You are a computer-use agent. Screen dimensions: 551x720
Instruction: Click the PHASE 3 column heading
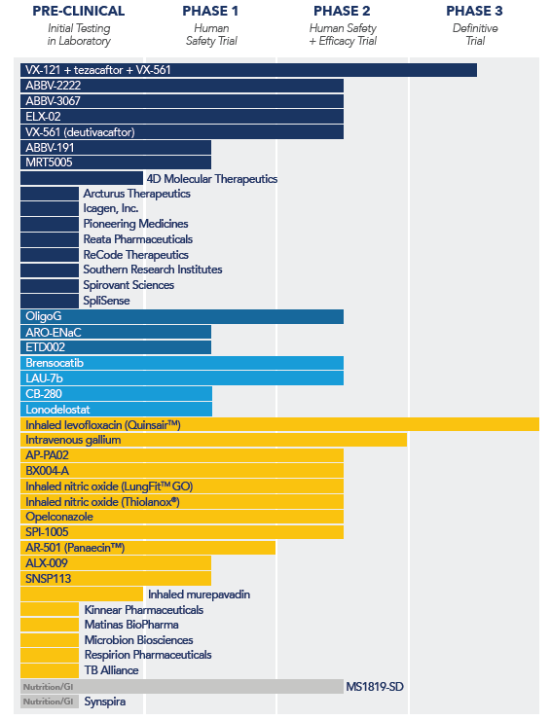pos(474,11)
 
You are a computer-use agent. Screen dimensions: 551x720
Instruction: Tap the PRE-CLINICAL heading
pos(79,11)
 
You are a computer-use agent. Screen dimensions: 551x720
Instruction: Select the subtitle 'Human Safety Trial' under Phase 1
pos(211,34)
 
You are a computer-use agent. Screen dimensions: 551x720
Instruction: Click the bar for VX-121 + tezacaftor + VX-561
pos(248,70)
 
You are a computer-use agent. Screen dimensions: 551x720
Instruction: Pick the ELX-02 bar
pos(182,117)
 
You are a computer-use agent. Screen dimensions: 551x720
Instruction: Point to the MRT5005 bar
pos(116,162)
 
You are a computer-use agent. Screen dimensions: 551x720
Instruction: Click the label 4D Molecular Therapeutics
pos(212,179)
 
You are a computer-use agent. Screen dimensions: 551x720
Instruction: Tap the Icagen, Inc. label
pos(111,208)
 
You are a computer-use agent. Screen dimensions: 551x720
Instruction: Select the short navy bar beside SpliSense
pos(50,301)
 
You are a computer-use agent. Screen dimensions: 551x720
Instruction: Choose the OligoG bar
pos(182,316)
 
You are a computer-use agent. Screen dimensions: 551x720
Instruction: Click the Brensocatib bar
pos(182,363)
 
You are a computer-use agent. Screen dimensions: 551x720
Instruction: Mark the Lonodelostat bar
pos(116,409)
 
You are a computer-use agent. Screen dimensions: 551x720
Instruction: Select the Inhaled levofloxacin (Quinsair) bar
pos(279,424)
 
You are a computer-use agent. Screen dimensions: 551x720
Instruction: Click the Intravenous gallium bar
pos(214,440)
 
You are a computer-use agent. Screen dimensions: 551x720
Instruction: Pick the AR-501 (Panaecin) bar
pos(148,548)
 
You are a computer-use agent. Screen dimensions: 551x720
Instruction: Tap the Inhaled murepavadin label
pos(199,594)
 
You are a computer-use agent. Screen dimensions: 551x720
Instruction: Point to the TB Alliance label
pos(111,670)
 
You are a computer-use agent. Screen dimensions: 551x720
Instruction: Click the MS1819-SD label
pos(375,687)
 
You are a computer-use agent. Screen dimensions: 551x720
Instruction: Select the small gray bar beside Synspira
pos(50,702)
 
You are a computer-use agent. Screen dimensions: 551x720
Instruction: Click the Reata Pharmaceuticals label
pos(138,239)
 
